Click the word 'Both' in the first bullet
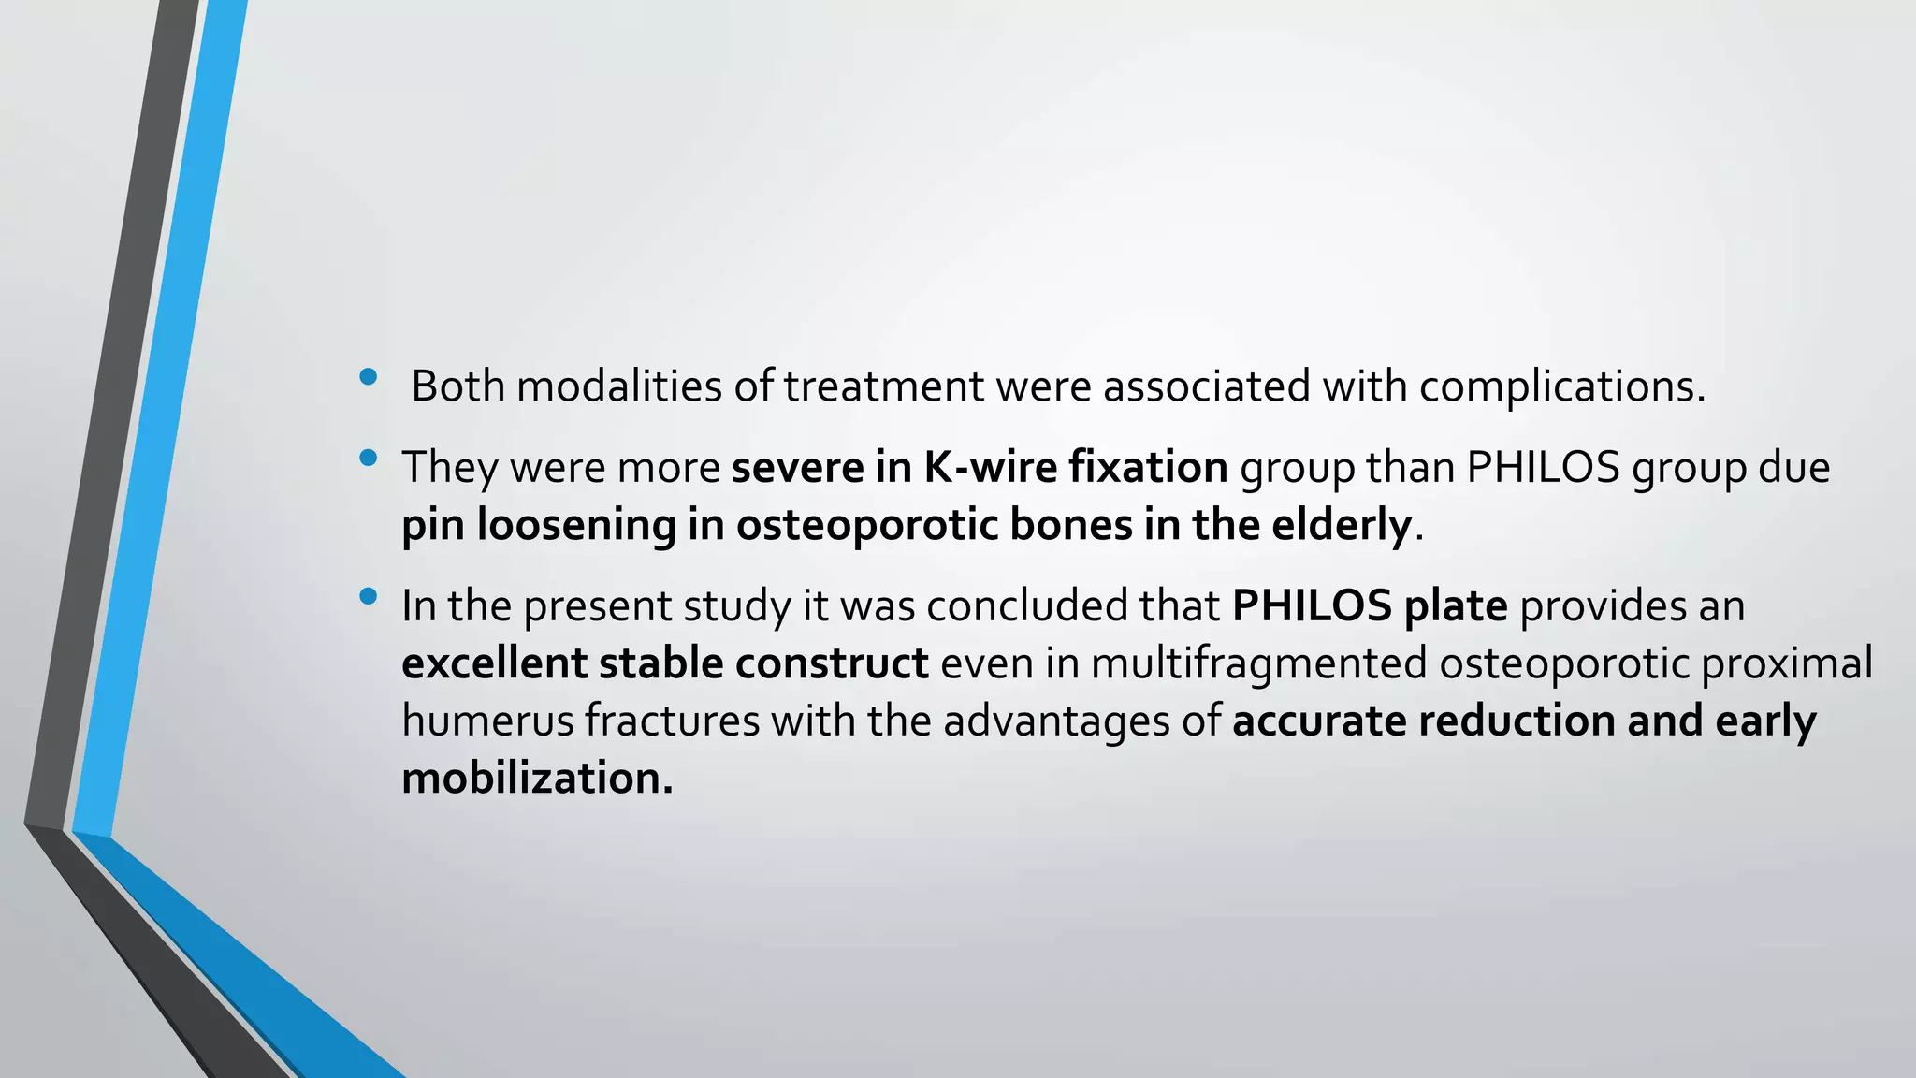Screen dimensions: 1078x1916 coord(457,386)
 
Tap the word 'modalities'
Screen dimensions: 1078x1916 coord(618,386)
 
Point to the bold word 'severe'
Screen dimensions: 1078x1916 coord(797,467)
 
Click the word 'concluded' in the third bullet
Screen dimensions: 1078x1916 coord(1026,605)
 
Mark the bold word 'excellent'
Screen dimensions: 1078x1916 coord(494,663)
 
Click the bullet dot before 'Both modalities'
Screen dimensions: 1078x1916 coord(368,377)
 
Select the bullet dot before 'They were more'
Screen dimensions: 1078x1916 coord(368,459)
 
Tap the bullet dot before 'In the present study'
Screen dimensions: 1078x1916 coord(368,596)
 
